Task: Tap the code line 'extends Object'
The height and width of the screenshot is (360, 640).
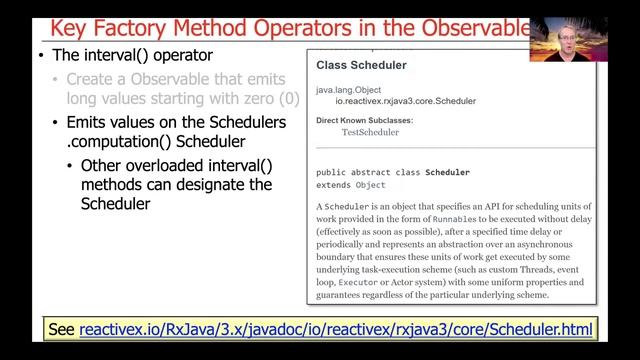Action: point(350,185)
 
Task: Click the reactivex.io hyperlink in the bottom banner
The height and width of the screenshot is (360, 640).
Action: point(337,329)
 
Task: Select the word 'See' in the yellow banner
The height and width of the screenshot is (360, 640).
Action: point(66,329)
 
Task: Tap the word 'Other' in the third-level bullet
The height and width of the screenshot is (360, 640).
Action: point(103,166)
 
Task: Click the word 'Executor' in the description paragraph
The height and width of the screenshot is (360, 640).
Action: point(350,282)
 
